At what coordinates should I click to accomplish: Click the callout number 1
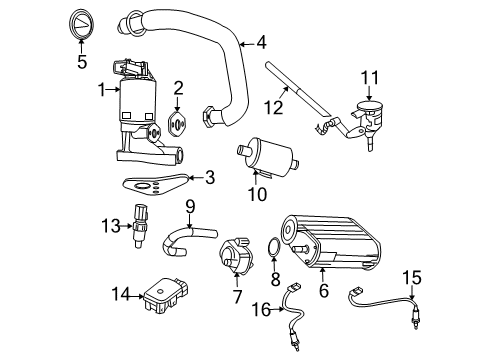click(x=103, y=90)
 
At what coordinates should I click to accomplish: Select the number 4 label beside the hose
click(x=261, y=42)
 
